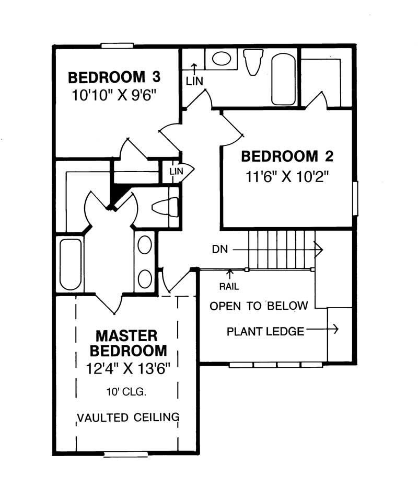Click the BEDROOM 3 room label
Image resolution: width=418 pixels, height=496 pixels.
tap(114, 78)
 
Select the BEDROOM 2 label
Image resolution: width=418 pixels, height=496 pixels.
tap(287, 156)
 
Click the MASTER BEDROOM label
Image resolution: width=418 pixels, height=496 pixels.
tap(127, 342)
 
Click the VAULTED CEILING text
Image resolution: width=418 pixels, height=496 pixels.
tap(129, 418)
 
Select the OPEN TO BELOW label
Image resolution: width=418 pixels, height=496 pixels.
tap(259, 306)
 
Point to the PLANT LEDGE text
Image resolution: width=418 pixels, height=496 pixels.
tap(265, 331)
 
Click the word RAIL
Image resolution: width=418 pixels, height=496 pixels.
tap(229, 287)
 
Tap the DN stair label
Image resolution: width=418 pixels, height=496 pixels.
tap(220, 250)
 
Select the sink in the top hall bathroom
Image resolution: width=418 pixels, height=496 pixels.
tap(221, 58)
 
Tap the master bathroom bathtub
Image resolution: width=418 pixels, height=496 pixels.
tap(71, 264)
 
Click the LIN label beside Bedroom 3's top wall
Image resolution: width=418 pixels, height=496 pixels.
tap(194, 81)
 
